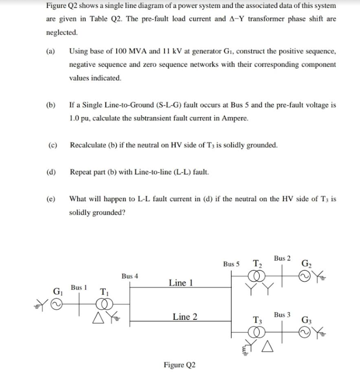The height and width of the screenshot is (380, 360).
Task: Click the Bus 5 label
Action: coord(231,264)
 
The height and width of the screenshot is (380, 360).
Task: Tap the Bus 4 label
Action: coord(130,276)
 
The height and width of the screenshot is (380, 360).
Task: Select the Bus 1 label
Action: coord(79,288)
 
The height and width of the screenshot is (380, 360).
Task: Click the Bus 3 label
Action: coord(282,315)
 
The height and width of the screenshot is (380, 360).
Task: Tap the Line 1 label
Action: coord(180,283)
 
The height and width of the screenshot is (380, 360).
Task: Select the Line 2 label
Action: coord(185,317)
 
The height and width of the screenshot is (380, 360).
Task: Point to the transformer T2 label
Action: coord(257,263)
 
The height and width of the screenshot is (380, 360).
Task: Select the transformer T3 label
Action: coord(258,319)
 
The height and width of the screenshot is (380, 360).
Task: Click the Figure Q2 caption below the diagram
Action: coord(179,365)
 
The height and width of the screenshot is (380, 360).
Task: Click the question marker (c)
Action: coord(51,145)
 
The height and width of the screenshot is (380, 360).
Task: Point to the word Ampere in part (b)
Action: coord(235,118)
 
